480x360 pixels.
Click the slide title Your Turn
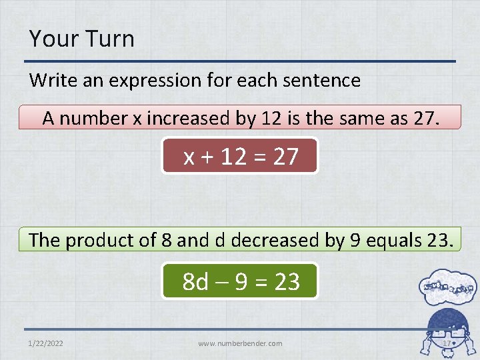tap(81, 39)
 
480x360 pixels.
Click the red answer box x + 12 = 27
tap(240, 156)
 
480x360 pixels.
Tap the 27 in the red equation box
tap(285, 157)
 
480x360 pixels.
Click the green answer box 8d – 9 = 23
tap(240, 281)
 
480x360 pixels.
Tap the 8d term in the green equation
tap(195, 282)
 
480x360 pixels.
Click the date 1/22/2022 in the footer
tap(46, 343)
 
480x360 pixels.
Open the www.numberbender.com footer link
tap(240, 343)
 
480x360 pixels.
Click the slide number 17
tap(447, 343)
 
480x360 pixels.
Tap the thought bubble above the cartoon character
tap(447, 287)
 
